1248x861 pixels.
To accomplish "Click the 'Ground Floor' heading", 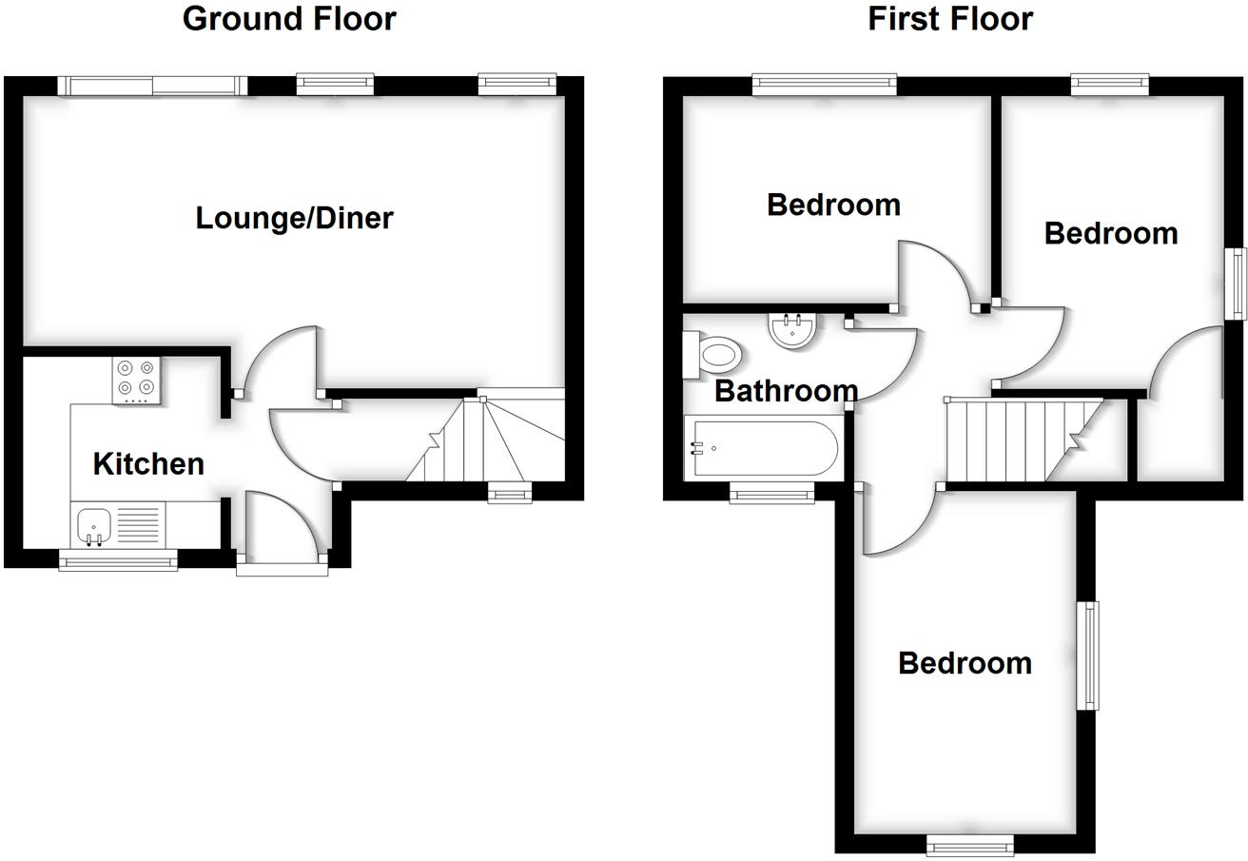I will (x=289, y=18).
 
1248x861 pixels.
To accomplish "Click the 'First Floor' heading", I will (x=950, y=18).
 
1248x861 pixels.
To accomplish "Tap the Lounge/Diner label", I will (x=294, y=218).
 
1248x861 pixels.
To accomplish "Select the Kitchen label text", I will (x=148, y=463).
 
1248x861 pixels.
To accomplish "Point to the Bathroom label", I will (x=786, y=391).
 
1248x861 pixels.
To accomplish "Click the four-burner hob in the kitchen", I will (x=136, y=378).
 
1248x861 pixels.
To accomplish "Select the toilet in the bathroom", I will (x=714, y=356).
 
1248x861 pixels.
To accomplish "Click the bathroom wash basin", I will (x=791, y=330).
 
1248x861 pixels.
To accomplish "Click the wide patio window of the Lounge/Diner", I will (x=152, y=86).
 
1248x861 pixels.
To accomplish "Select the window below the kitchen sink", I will (x=118, y=561).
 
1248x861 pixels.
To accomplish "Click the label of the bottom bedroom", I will (x=965, y=662).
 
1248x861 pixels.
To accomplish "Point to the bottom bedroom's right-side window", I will (x=1087, y=655).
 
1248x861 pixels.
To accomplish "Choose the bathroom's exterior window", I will (x=771, y=493).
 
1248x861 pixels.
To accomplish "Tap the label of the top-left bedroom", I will (x=833, y=205).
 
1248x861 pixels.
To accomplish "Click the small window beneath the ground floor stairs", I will (x=510, y=493).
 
